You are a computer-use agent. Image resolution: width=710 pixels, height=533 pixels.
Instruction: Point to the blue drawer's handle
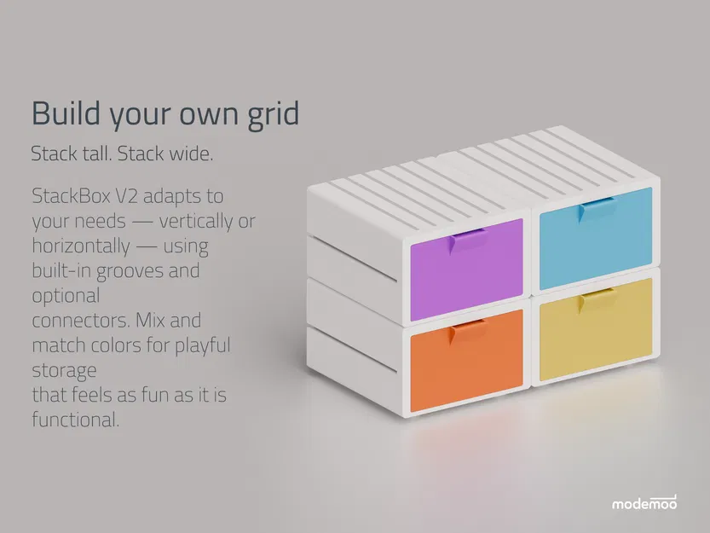click(x=597, y=207)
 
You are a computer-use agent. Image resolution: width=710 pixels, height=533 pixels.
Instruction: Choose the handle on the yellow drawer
click(x=597, y=298)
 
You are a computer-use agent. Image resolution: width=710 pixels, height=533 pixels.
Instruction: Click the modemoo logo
click(x=644, y=502)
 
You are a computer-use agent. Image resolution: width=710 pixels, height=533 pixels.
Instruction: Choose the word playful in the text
click(x=202, y=346)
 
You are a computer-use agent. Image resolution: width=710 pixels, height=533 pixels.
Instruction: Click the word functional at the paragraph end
click(x=75, y=420)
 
